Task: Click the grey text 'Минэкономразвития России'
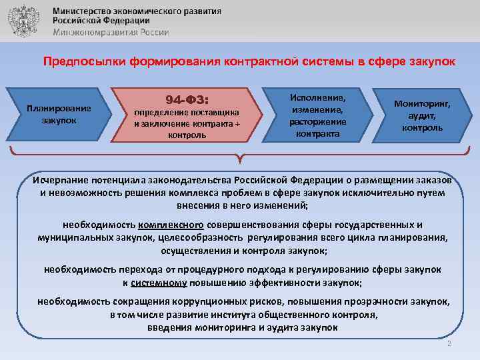click(x=111, y=32)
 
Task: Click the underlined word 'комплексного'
click(x=172, y=225)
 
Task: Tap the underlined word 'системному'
click(x=158, y=283)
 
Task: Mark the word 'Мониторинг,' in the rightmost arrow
click(x=422, y=104)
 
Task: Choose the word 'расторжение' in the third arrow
click(x=317, y=122)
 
